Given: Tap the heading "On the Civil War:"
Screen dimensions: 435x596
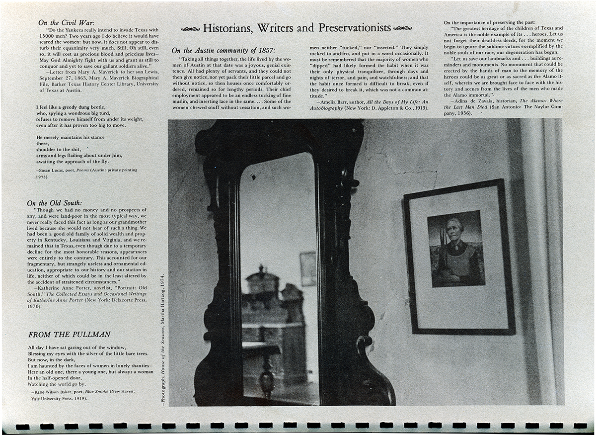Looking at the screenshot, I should tap(67, 22).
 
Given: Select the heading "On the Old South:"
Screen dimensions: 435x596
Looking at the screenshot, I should tap(55, 203).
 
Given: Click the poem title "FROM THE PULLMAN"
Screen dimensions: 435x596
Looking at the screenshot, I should tap(69, 335).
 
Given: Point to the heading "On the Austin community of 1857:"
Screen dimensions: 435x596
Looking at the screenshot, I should tap(223, 50).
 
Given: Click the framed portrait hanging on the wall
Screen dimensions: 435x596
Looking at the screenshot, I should tap(458, 257).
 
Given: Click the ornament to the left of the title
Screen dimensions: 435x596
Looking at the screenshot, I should tap(190, 29).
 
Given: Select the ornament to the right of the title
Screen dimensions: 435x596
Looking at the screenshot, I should tap(403, 28).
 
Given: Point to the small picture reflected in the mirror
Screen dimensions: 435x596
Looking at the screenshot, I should tap(307, 268).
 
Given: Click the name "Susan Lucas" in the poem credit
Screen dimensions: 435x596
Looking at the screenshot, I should tap(49, 170).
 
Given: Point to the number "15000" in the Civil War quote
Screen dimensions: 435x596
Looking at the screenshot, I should tap(48, 37).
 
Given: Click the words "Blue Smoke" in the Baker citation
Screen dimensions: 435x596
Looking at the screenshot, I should tap(97, 392).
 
